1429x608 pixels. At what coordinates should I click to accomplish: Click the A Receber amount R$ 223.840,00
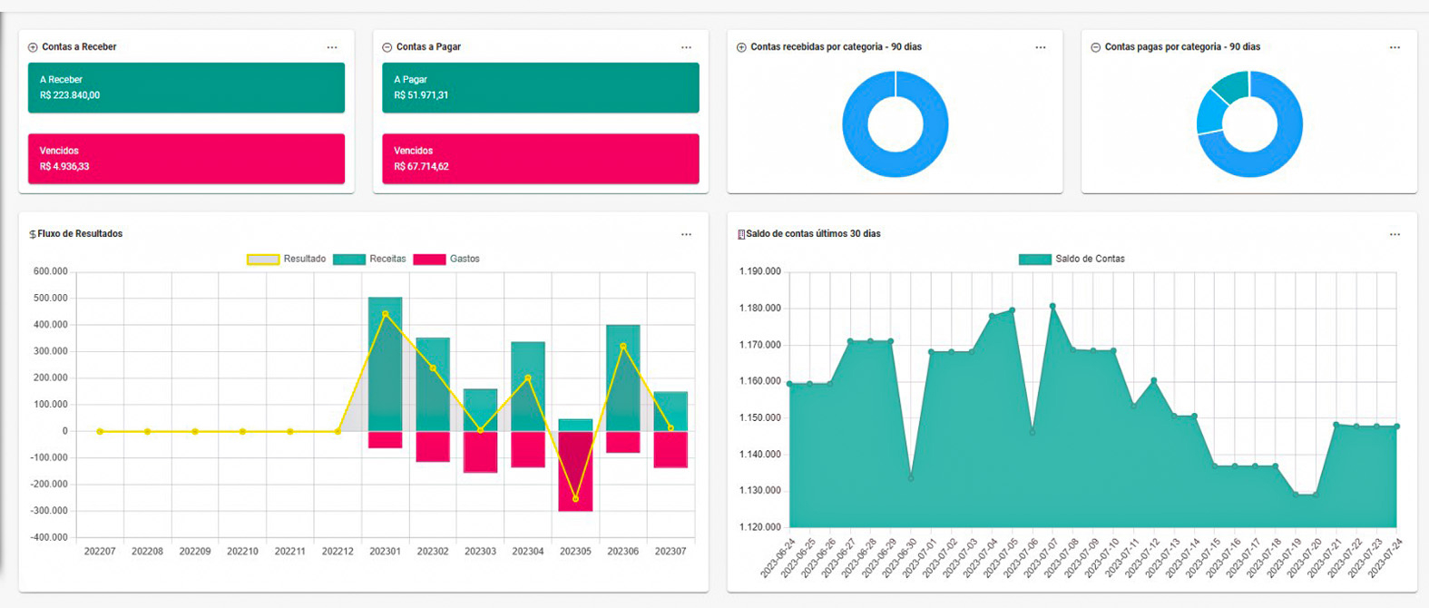(70, 95)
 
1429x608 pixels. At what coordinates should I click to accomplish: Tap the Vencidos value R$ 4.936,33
(64, 167)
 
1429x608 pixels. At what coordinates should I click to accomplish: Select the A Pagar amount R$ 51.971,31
(421, 95)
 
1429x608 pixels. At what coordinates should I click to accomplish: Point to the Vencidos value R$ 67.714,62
(421, 167)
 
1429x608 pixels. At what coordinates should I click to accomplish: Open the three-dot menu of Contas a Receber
(332, 47)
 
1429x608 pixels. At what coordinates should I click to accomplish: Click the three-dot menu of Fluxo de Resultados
(686, 234)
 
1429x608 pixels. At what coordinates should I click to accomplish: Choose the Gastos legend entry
(446, 260)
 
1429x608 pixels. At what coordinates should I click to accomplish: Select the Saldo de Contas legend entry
(1072, 260)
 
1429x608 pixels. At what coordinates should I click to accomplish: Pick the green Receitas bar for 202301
(385, 363)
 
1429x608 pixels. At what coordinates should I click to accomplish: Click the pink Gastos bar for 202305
(575, 472)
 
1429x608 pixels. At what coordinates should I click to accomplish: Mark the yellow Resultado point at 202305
(575, 499)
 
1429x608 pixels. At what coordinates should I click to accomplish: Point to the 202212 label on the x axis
(338, 551)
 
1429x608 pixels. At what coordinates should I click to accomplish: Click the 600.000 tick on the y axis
(51, 271)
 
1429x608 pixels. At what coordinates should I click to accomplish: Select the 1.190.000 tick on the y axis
(759, 271)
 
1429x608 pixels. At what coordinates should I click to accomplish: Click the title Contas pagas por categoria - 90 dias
(1182, 47)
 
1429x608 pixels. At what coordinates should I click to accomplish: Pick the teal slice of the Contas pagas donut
(1233, 86)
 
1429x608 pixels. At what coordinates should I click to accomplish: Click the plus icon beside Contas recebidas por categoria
(741, 47)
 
